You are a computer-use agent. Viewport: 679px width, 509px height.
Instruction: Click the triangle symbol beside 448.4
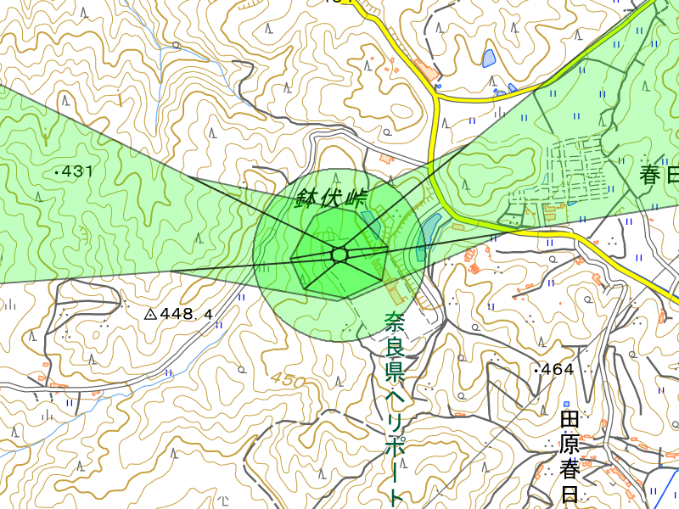coord(150,314)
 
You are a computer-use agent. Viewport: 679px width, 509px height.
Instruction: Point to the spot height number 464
coord(558,369)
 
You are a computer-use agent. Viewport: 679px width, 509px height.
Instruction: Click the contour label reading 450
coord(288,381)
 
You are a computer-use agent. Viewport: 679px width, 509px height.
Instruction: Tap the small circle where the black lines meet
coord(339,255)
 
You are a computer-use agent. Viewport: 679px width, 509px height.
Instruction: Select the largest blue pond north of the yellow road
coord(489,59)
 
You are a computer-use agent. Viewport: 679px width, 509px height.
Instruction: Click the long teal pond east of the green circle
coord(429,233)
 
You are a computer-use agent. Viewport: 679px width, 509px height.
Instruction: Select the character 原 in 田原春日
coord(570,444)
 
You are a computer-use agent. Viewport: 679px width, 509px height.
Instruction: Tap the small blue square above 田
coord(566,403)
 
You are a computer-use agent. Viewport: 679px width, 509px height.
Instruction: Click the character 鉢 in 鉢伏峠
coord(306,200)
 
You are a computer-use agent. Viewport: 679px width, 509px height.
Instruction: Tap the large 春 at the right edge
coord(652,176)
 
